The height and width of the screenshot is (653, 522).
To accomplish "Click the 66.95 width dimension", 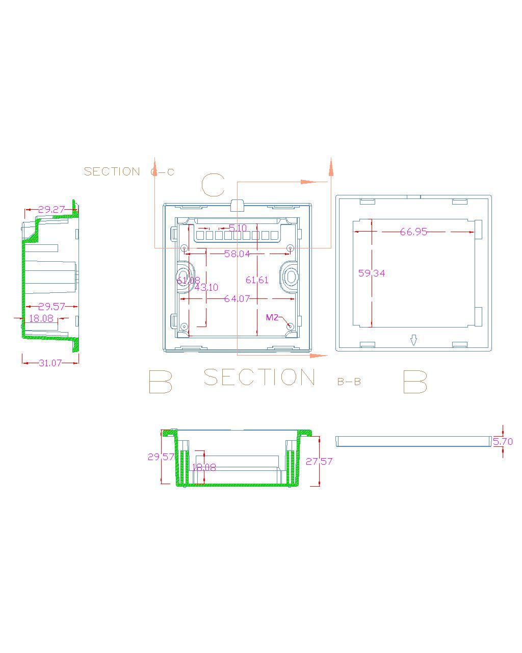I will pyautogui.click(x=413, y=232).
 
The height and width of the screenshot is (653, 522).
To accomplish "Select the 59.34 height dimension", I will pyautogui.click(x=372, y=273).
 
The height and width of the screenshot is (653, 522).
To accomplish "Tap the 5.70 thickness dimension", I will pyautogui.click(x=503, y=441).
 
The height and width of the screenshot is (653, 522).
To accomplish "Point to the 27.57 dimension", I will pyautogui.click(x=319, y=461).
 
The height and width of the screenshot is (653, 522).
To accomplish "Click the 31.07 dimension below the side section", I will pyautogui.click(x=50, y=363).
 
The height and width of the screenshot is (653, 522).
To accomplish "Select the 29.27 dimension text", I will pyautogui.click(x=51, y=209).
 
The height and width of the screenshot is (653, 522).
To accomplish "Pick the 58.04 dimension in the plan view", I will pyautogui.click(x=237, y=254).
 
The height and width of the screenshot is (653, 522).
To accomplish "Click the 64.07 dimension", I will pyautogui.click(x=237, y=298).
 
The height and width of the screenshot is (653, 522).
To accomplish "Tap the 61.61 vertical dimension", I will pyautogui.click(x=257, y=280).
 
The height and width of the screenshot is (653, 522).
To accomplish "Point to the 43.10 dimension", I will pyautogui.click(x=206, y=288).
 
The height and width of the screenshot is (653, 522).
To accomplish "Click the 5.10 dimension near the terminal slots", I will pyautogui.click(x=238, y=228).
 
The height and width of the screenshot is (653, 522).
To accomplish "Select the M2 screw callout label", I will pyautogui.click(x=272, y=317).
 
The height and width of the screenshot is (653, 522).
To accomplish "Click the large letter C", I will pyautogui.click(x=213, y=185).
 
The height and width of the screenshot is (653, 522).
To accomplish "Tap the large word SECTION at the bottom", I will pyautogui.click(x=259, y=378).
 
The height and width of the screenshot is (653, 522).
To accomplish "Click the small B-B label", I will pyautogui.click(x=349, y=382).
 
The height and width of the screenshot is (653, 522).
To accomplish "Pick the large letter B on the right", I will pyautogui.click(x=414, y=382).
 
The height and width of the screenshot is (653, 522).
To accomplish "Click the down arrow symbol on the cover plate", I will pyautogui.click(x=414, y=340).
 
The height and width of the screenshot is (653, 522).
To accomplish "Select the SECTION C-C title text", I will pyautogui.click(x=129, y=171).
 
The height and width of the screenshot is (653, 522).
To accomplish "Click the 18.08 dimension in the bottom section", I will pyautogui.click(x=204, y=467).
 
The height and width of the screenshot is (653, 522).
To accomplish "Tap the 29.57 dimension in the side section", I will pyautogui.click(x=51, y=306).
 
